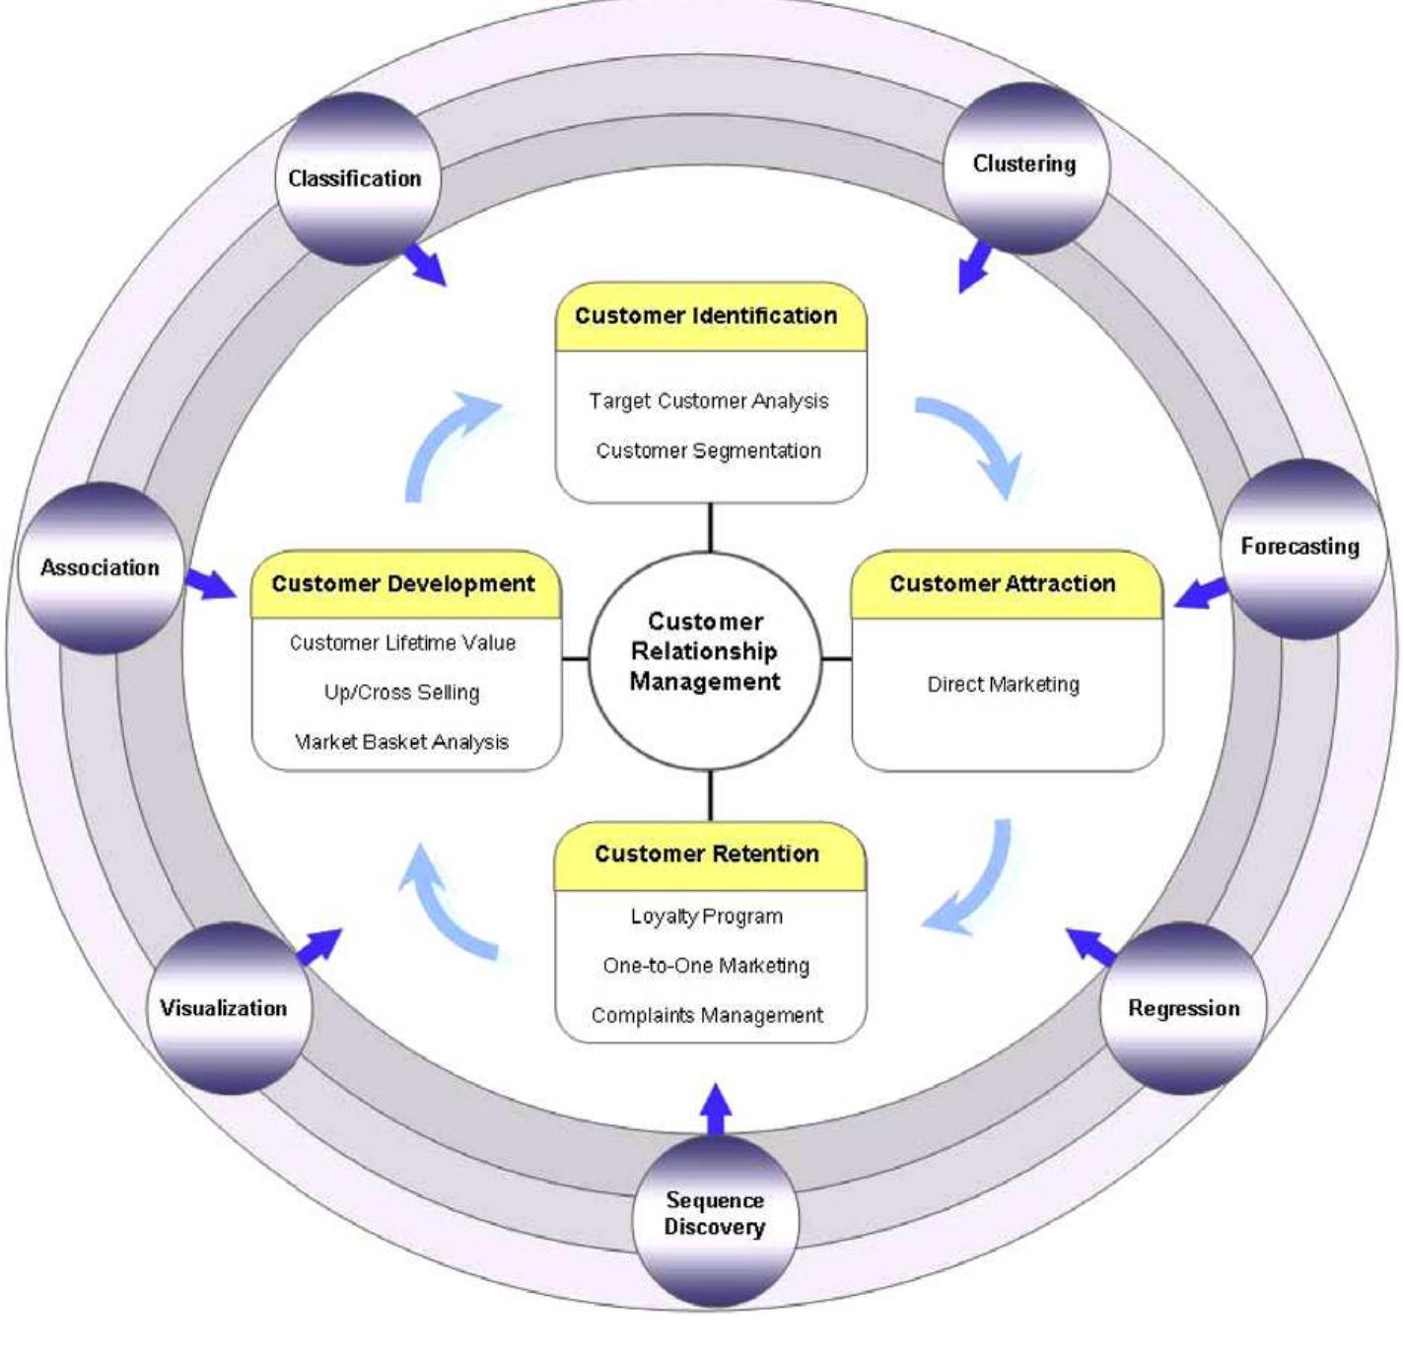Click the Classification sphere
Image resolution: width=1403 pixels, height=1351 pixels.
[x=357, y=178]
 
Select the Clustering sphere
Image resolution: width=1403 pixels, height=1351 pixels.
[x=1024, y=166]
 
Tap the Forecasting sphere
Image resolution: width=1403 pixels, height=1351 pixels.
[x=1299, y=547]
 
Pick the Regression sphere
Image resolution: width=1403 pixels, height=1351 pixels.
[x=1183, y=1007]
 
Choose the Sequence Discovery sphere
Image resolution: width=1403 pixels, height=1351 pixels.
[x=714, y=1214]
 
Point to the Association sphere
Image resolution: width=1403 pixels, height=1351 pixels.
[x=101, y=568]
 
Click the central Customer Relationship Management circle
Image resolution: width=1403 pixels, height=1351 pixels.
[x=705, y=652]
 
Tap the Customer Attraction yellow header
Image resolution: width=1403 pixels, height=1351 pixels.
[x=1004, y=584]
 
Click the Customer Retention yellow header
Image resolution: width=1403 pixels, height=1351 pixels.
[x=708, y=854]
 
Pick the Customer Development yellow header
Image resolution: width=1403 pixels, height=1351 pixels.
[x=404, y=584]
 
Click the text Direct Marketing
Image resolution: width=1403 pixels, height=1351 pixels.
[x=1004, y=685]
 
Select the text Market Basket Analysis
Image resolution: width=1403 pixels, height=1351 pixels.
[x=402, y=742]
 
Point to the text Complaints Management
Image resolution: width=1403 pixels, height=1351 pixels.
[x=708, y=1015]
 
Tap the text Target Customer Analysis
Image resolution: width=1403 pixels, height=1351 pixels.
[x=708, y=401]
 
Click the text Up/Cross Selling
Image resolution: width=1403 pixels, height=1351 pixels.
[x=402, y=693]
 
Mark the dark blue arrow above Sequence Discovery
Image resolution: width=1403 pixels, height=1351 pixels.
[x=715, y=1110]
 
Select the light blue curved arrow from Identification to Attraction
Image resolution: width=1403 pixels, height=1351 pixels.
[x=971, y=443]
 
